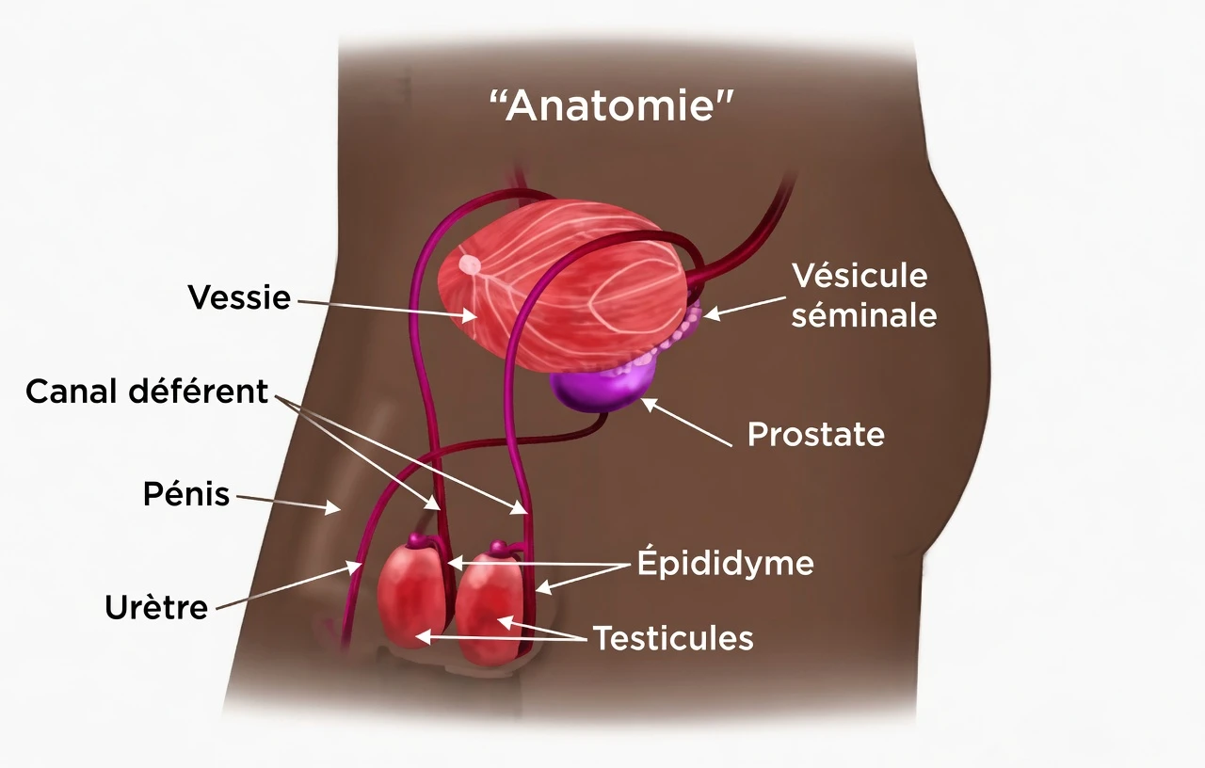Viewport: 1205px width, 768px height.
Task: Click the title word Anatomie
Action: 612,105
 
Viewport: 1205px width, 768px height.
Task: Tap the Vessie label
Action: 239,296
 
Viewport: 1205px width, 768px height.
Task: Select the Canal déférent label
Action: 147,392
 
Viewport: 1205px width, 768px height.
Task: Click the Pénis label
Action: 186,494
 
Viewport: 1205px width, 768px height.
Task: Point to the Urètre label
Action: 156,608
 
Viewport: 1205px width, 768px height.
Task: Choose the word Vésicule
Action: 860,276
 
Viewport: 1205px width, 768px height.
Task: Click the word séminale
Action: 864,315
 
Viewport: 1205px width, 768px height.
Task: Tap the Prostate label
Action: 816,434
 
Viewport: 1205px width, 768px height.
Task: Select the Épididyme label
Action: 726,563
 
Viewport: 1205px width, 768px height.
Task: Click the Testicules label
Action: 673,638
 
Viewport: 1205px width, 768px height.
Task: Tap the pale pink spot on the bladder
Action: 470,264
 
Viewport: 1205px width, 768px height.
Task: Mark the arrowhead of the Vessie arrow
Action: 470,315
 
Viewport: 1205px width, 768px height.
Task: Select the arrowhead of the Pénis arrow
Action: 333,507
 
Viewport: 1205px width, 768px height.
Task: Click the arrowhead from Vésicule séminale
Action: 711,313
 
